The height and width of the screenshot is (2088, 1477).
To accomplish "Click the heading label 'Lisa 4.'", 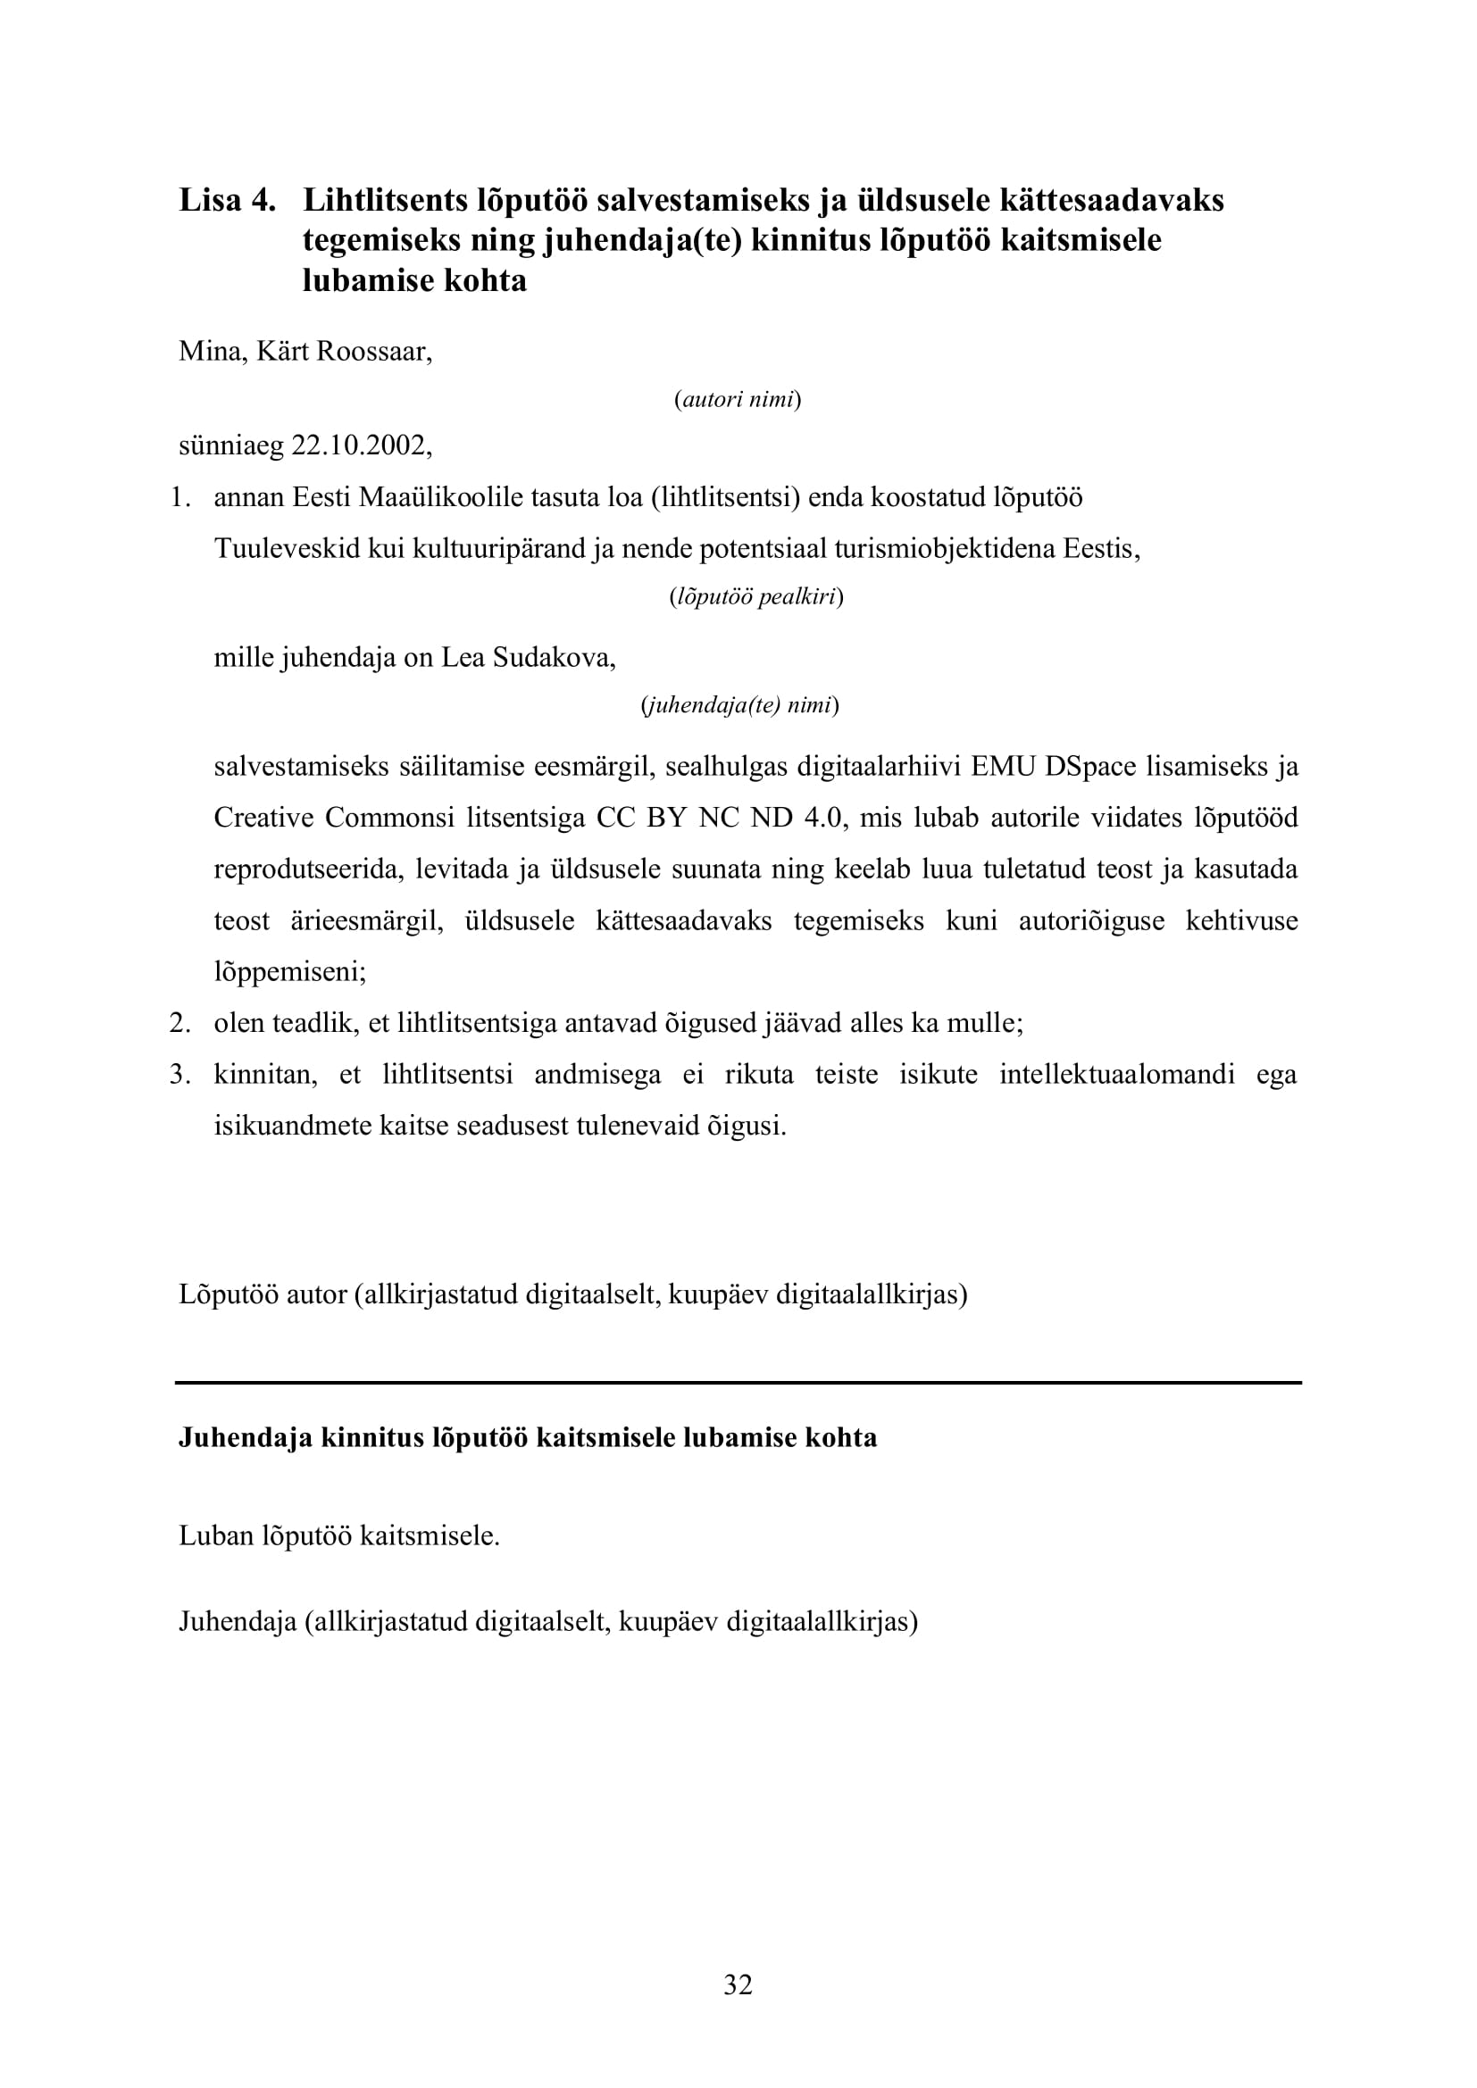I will click(227, 200).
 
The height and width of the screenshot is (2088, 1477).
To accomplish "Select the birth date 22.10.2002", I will click(360, 445).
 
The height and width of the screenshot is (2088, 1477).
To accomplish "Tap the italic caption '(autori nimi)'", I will click(738, 399).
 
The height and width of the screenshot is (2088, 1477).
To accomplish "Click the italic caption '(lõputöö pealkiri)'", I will click(755, 597).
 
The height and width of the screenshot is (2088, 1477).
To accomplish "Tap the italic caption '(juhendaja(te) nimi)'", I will click(739, 706).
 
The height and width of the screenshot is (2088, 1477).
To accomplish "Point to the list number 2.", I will click(179, 1024).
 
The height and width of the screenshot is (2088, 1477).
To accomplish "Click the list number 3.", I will click(179, 1075).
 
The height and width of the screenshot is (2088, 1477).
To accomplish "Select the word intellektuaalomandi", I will click(1117, 1075).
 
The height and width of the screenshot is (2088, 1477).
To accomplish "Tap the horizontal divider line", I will click(738, 1383).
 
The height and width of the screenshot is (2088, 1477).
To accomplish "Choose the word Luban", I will click(215, 1536).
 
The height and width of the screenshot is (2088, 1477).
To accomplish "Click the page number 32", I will click(738, 1984).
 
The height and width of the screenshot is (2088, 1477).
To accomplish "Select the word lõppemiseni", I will click(289, 972).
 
